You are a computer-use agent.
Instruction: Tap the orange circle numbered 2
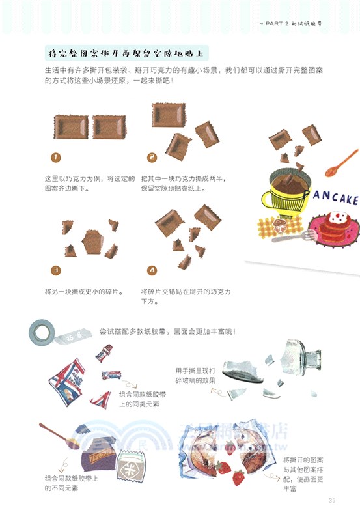click(152, 157)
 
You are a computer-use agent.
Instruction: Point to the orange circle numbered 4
click(152, 269)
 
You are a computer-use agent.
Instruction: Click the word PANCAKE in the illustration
click(331, 198)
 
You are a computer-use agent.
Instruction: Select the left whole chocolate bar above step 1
click(70, 126)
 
